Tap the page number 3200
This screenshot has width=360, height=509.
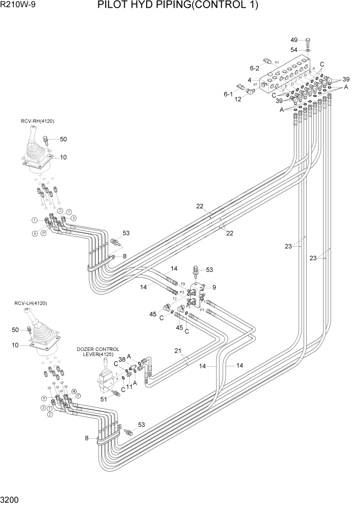click(11, 499)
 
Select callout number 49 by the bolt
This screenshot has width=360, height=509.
click(294, 40)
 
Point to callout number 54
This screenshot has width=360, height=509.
click(294, 50)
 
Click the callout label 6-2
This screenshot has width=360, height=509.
click(255, 68)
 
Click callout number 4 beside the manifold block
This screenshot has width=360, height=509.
click(249, 80)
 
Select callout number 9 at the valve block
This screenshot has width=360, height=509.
click(214, 287)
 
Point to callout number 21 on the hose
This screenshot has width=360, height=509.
click(178, 350)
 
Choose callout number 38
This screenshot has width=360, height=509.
click(122, 360)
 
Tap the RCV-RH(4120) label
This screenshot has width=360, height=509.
click(37, 121)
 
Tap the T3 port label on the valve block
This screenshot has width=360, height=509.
click(183, 284)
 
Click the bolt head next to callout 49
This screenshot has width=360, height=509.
click(307, 41)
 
